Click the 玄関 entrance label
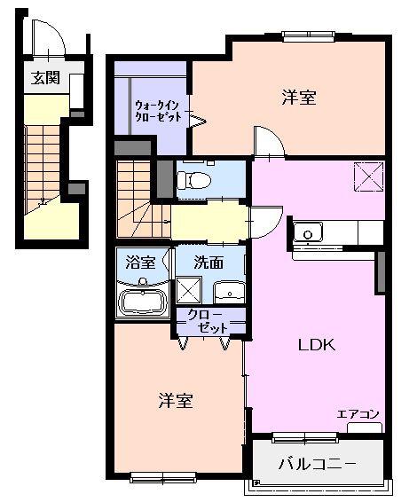(x=45, y=78)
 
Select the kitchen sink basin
(x=308, y=231)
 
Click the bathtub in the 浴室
(x=143, y=302)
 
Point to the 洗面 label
(x=208, y=263)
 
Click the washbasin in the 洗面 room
(x=229, y=293)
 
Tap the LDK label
(x=317, y=345)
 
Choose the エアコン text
(x=358, y=414)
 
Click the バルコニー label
(x=317, y=464)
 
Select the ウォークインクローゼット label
(x=159, y=111)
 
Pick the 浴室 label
(x=140, y=263)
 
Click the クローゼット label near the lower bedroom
(x=208, y=321)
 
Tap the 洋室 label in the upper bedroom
(x=299, y=98)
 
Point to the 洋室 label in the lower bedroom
(x=176, y=401)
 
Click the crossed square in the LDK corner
(x=368, y=176)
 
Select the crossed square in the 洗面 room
(x=189, y=290)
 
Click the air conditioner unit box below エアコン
(x=365, y=428)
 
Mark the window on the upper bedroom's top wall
(x=309, y=35)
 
